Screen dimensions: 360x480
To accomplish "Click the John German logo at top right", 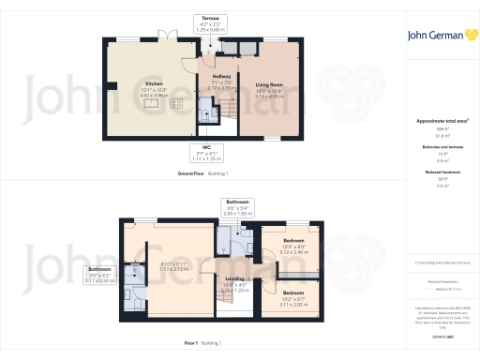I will point(440,36).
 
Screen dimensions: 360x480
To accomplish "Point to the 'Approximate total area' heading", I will point(440,121).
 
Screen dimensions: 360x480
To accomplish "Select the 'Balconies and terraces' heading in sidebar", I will point(440,148).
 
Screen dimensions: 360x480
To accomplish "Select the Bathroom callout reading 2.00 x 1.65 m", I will point(235,208).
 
